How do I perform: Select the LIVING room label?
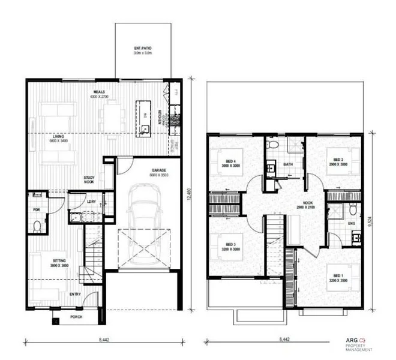(x=58, y=137)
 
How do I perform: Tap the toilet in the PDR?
(x=37, y=225)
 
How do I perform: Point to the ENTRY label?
(x=76, y=295)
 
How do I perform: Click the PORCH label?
(x=76, y=317)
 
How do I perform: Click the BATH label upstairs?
(x=288, y=164)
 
